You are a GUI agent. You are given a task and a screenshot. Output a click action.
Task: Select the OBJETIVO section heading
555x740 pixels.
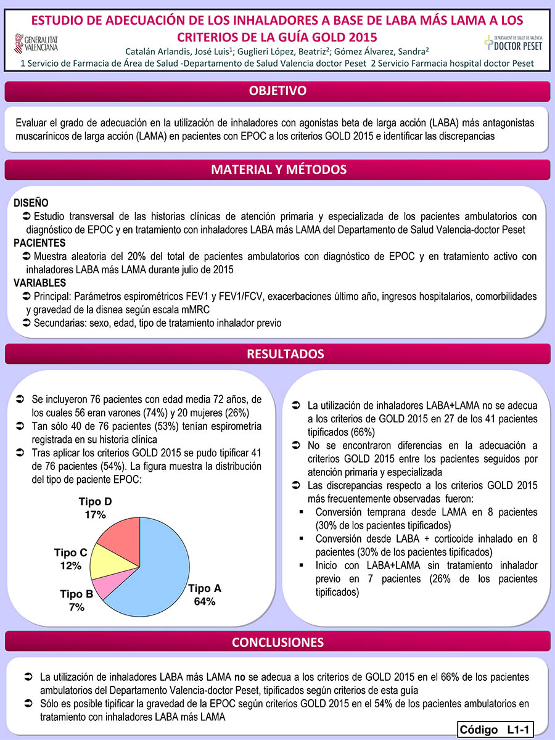(277, 91)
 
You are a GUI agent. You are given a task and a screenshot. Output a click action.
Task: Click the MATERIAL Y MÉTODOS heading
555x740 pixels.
(277, 170)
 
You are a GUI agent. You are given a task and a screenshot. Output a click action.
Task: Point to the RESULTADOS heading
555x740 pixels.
(277, 354)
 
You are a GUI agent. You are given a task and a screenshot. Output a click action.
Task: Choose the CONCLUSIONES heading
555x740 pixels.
(277, 642)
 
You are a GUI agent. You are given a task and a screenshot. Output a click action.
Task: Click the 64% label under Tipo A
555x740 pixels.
(204, 601)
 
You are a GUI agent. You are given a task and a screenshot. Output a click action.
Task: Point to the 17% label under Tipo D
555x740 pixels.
(96, 514)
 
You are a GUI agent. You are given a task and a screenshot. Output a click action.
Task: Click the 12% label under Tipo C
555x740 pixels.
(71, 565)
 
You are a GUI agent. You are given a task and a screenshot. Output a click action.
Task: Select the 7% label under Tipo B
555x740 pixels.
(76, 607)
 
